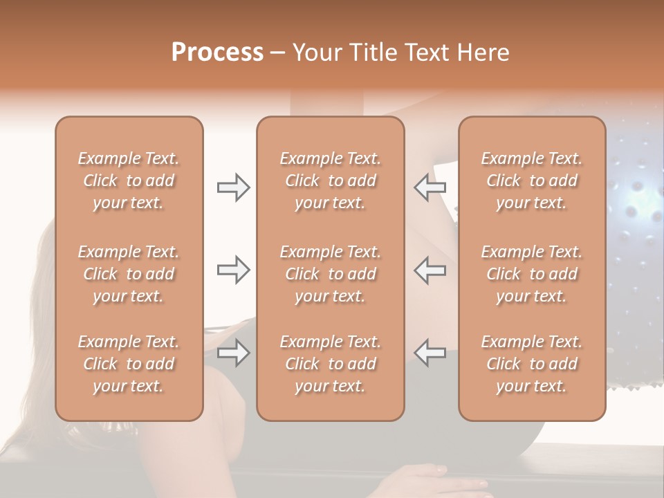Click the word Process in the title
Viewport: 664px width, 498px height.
[x=217, y=53]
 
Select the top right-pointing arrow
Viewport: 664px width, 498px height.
[x=233, y=187]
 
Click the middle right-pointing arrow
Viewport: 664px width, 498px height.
[x=233, y=270]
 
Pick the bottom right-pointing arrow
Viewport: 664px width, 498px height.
[x=233, y=353]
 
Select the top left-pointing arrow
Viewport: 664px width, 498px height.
[x=430, y=187]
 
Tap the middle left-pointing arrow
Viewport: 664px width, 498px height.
[x=430, y=270]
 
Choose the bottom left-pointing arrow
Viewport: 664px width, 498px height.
[x=430, y=353]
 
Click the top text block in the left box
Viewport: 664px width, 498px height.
[x=129, y=181]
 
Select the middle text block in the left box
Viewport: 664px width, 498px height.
[x=129, y=274]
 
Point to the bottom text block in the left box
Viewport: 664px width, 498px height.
[x=129, y=364]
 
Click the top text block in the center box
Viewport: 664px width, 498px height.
[x=331, y=181]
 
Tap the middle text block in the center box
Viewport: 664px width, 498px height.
[x=331, y=274]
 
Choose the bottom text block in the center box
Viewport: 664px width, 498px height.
[x=331, y=364]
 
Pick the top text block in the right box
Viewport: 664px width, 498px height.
[x=532, y=181]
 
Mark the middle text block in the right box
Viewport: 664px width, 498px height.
[x=532, y=274]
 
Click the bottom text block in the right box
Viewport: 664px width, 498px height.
[x=532, y=364]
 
